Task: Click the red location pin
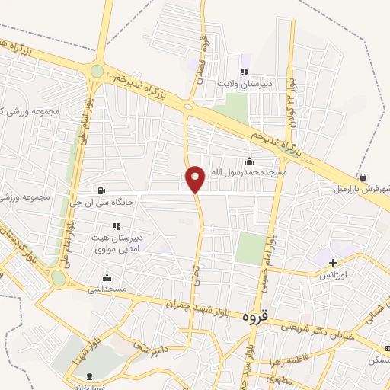195,179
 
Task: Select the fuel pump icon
101,190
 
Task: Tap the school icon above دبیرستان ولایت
245,72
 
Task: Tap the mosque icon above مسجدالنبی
107,277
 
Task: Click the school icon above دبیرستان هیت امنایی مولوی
117,226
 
